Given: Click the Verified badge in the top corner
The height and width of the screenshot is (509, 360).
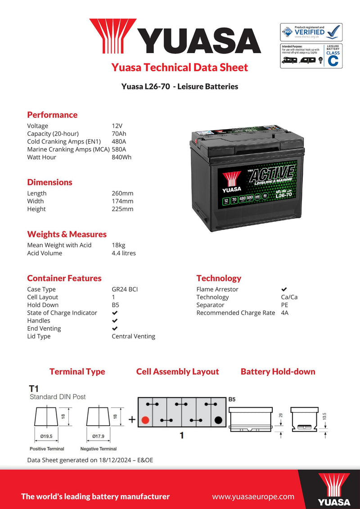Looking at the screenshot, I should tap(311, 32).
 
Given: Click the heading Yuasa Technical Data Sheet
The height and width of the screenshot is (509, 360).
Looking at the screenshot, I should tap(180, 68).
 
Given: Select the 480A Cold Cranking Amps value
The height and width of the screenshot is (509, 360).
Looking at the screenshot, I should tap(119, 141).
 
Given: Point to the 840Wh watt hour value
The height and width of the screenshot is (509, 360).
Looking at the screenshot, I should tap(121, 157).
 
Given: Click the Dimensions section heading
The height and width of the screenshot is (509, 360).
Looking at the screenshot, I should tap(49, 182).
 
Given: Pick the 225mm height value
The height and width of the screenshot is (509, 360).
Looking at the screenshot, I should tap(122, 209).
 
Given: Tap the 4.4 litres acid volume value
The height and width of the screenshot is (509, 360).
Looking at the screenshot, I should tap(124, 253).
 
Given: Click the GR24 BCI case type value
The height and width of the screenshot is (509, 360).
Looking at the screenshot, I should tap(125, 289).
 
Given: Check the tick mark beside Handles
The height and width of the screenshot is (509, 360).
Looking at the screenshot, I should tap(115, 321).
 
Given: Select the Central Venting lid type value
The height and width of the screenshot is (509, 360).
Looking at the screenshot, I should tap(133, 336).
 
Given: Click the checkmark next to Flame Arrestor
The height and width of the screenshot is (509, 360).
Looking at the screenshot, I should tap(284, 289).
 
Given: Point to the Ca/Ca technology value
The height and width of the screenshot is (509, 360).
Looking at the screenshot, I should tap(289, 297).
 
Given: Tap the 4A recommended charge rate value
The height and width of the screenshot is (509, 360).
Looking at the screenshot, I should tap(284, 313).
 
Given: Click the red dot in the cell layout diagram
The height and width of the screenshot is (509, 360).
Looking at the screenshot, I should tap(145, 420).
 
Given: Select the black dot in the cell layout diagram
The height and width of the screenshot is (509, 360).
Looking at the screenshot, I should tap(218, 420).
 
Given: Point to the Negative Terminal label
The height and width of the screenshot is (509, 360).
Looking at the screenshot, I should tap(98, 449).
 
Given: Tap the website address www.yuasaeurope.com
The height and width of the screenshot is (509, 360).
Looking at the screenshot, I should tap(253, 496).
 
